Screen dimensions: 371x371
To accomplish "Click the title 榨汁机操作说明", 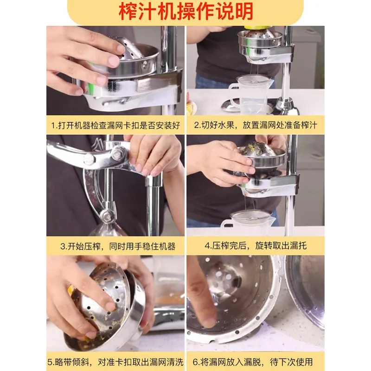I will coord(185,11).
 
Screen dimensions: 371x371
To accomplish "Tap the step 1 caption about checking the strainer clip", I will coord(115,125).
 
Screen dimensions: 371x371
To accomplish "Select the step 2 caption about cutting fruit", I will coord(256,125).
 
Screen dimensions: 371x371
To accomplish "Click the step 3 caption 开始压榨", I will coord(115,246).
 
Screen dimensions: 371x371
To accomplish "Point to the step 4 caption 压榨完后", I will coord(256,246).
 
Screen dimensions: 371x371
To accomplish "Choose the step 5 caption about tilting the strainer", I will coord(115,362).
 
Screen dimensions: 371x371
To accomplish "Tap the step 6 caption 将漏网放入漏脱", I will coord(256,362).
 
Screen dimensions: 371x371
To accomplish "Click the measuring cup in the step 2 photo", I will coord(250,93).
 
